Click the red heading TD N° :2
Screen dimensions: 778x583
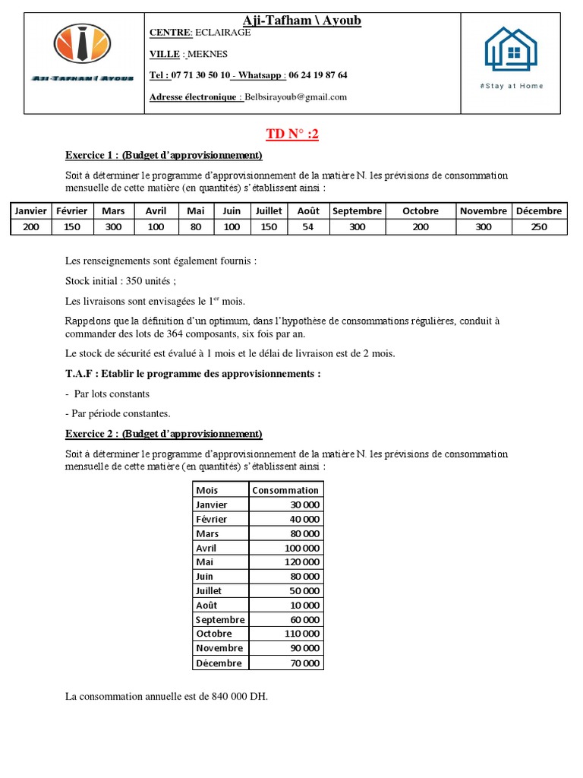(292, 134)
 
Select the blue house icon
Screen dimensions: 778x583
(511, 49)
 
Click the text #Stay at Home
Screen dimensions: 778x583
(512, 86)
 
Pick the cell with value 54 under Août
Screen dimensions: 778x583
(308, 226)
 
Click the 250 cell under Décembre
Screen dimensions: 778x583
(539, 226)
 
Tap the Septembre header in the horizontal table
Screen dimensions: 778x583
(357, 210)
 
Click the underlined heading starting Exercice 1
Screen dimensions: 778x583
(163, 155)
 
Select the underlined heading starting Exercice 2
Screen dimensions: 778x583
(163, 434)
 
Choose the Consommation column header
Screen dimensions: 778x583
(285, 490)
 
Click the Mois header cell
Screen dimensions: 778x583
(207, 490)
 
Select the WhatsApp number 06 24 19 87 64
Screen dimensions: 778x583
(317, 75)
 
